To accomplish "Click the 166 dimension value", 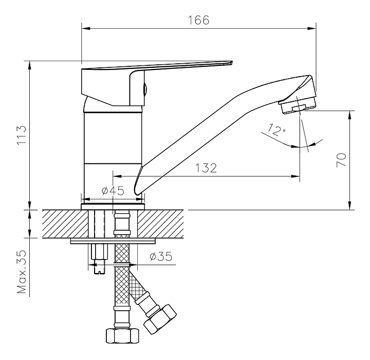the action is point(198,20).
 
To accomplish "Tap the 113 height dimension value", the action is point(22,135).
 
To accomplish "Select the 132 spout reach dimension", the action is point(206,168).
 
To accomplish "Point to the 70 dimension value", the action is point(341,160).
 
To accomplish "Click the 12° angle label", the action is point(276,130).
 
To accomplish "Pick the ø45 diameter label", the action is point(113,191).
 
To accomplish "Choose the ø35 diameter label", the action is point(161,256).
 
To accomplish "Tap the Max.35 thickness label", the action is point(22,272).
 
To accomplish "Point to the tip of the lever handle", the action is point(232,62).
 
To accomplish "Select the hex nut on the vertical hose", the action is point(122,335).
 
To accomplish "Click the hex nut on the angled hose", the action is point(160,319).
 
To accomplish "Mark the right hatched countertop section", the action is point(160,224).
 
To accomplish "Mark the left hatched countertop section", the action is point(65,224).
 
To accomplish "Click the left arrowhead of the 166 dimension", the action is point(86,29).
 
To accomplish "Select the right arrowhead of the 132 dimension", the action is point(295,176).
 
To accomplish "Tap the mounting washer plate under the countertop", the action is point(113,241).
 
